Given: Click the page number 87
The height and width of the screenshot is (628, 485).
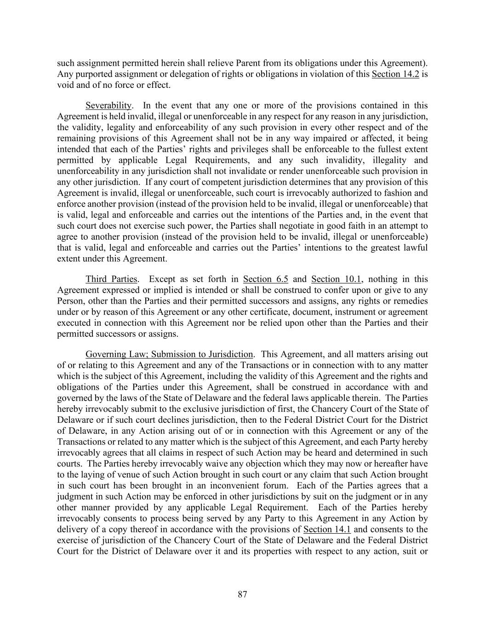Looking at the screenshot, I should (242, 594).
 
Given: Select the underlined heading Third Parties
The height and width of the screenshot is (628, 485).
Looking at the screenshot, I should (111, 279).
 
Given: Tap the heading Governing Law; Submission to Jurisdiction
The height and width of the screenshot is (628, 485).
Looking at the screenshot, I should (169, 354).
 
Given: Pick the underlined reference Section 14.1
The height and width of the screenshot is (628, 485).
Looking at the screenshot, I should (327, 529).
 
